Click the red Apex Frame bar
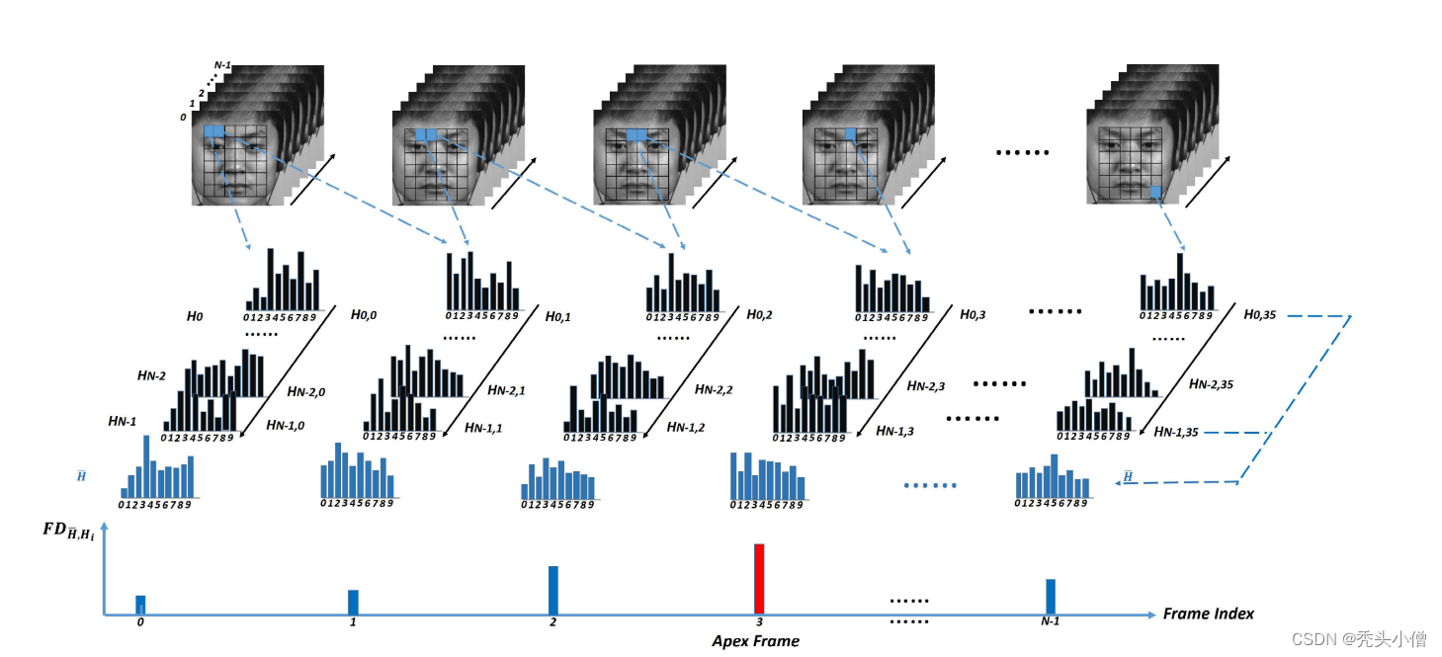[759, 579]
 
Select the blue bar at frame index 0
[140, 605]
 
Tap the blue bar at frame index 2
[553, 590]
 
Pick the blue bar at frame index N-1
[1051, 596]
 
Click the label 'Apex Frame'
[755, 641]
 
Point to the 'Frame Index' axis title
[1208, 614]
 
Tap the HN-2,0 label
[306, 391]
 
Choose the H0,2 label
[758, 314]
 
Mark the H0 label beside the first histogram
[194, 317]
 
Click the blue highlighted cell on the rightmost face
[1154, 191]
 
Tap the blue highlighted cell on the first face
[214, 132]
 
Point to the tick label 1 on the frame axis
[353, 622]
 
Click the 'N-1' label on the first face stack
[223, 66]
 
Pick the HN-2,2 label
[714, 389]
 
